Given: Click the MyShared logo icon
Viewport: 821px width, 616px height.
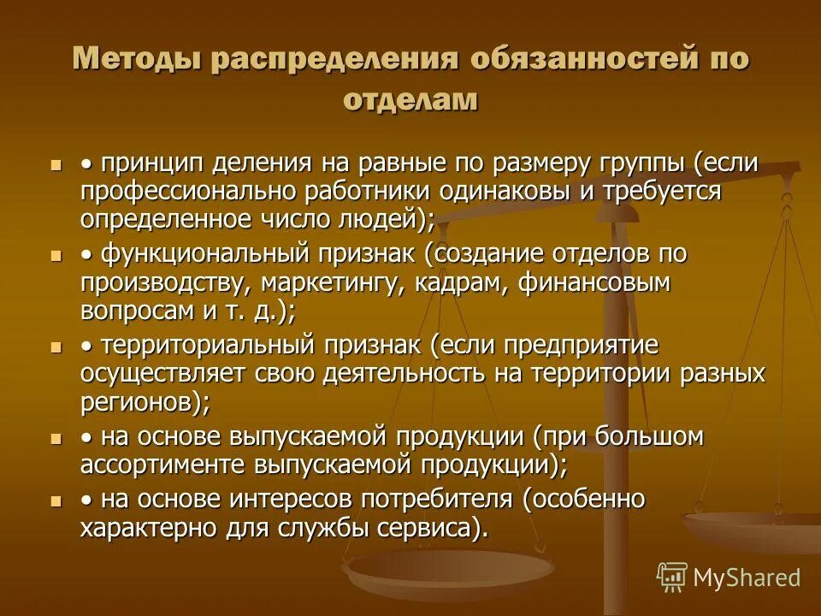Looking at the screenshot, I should click(x=671, y=577).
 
